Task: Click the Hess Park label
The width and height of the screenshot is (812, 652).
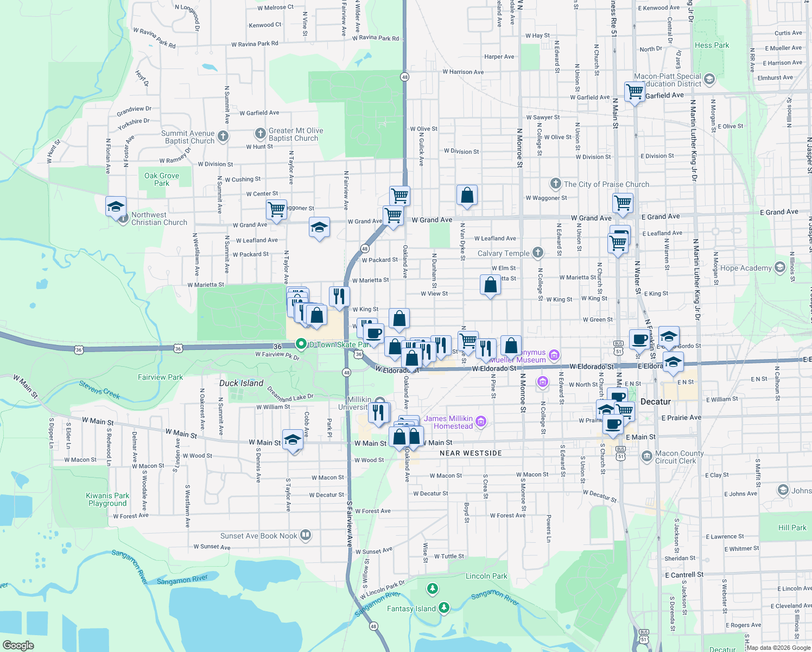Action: point(712,45)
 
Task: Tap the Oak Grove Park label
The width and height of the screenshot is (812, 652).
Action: point(162,179)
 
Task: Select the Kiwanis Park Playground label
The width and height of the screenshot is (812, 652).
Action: point(107,499)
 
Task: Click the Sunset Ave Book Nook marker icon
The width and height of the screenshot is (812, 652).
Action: point(306,535)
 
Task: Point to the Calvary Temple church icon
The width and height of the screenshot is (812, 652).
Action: point(537,252)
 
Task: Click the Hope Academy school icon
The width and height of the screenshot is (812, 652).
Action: point(780,267)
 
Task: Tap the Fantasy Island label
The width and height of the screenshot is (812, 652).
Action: point(411,609)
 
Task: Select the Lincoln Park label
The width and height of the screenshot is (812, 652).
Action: point(486,576)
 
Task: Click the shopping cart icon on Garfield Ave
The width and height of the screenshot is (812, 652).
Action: point(635,91)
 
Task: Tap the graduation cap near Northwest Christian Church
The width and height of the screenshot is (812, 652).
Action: point(116,207)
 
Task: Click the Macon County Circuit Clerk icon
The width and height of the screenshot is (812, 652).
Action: point(646,455)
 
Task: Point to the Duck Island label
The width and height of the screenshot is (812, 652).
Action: point(241,383)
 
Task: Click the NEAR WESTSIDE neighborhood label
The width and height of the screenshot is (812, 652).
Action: point(471,453)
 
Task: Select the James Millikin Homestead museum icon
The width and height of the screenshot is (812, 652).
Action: point(481,421)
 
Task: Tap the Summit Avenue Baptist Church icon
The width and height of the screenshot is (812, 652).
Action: point(223,136)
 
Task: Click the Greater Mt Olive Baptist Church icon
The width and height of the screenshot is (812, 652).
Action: point(261,133)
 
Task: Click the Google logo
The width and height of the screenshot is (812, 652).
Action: point(18,645)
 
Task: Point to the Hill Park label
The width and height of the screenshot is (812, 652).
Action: point(792,528)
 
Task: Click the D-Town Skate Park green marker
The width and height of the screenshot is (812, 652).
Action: point(301,344)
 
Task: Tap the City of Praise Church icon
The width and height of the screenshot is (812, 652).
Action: point(555,183)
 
